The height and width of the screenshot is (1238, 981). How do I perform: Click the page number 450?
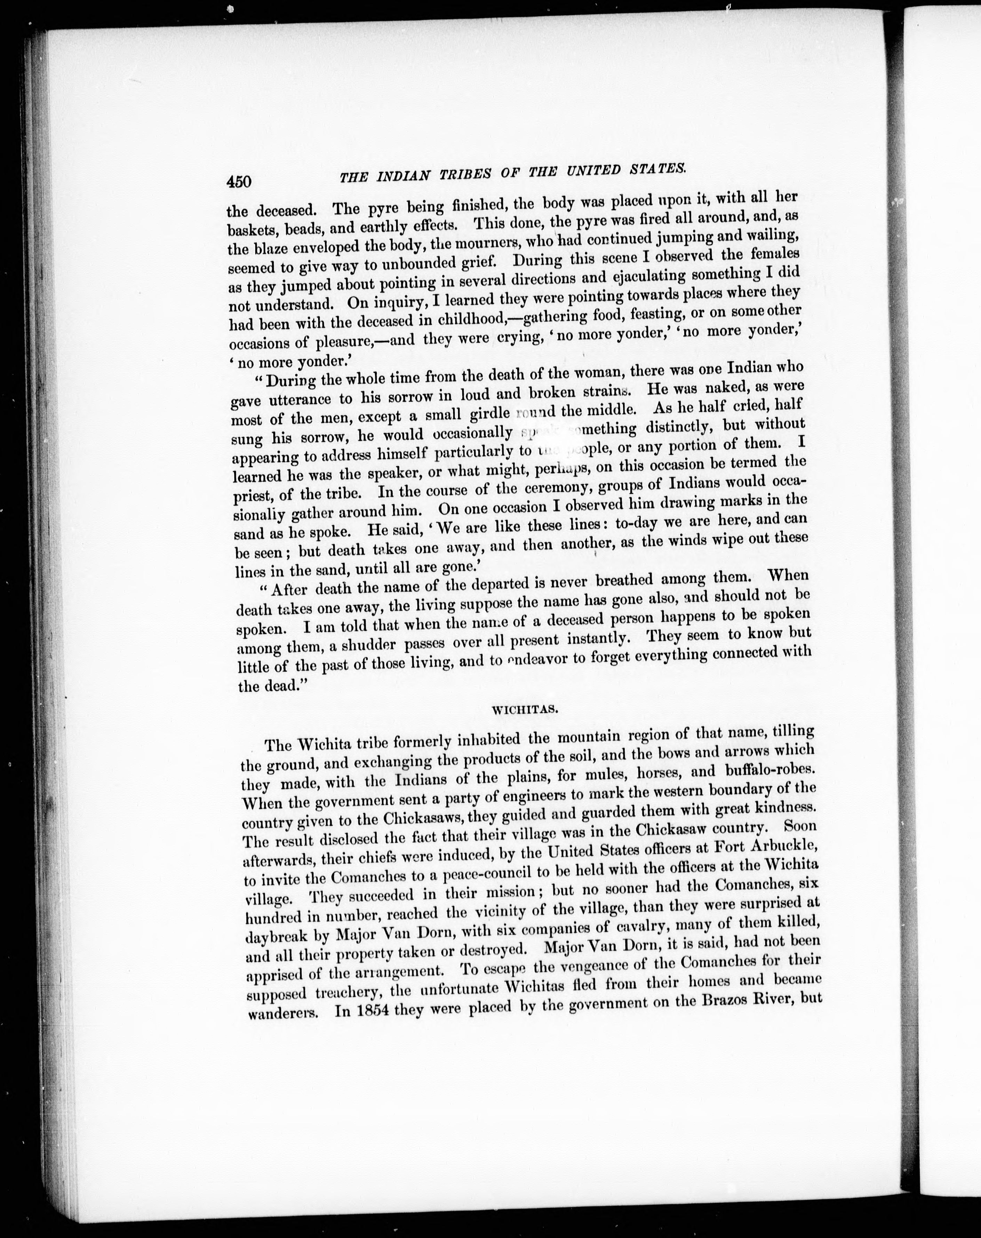coord(239,181)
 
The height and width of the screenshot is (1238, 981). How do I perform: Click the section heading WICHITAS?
coord(526,709)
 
